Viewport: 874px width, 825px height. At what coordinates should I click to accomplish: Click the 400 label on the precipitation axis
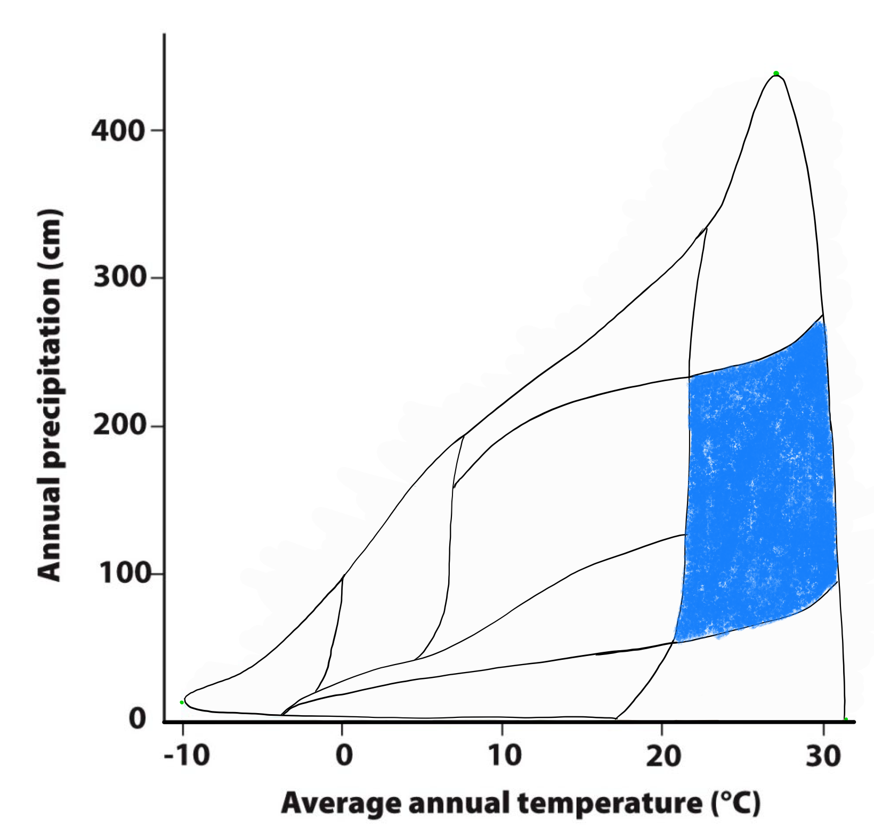(118, 131)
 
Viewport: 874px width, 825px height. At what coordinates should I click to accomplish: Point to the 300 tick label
(119, 278)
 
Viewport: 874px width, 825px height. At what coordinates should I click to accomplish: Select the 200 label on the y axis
(119, 426)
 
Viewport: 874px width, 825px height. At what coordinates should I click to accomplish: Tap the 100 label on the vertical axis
(119, 573)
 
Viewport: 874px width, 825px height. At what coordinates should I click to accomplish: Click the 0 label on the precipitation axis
(137, 719)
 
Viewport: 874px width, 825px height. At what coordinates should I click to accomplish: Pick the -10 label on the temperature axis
(187, 756)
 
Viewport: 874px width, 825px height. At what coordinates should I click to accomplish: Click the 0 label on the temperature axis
(344, 756)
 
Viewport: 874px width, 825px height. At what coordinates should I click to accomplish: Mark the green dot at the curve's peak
(776, 74)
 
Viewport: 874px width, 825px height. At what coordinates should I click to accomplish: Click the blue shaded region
(757, 490)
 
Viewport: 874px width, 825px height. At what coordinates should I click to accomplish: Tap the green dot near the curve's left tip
(182, 702)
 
